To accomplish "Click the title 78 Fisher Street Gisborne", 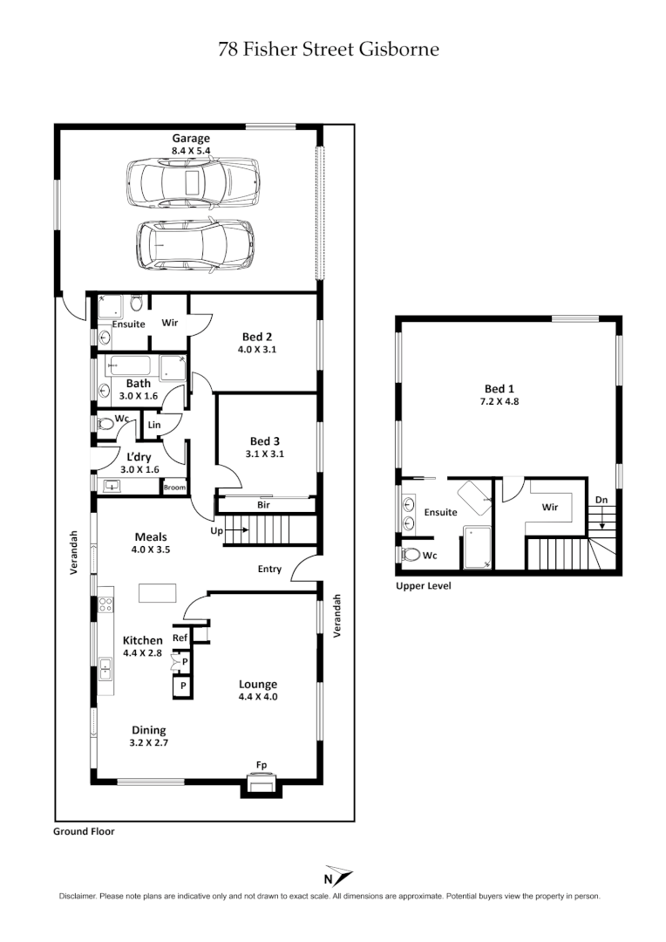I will [x=329, y=49].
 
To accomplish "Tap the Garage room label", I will [x=190, y=138].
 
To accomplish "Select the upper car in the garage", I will [x=193, y=183].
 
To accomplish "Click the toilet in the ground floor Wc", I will [x=105, y=424].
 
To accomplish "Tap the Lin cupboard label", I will [x=155, y=425].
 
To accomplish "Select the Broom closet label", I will [x=174, y=488].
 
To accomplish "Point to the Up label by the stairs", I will [x=218, y=530].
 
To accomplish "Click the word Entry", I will [x=269, y=569].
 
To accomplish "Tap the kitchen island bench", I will [x=157, y=593].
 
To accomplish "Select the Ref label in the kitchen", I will [x=180, y=638].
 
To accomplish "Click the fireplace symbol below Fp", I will [x=261, y=786].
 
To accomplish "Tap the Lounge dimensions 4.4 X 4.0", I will [x=257, y=697].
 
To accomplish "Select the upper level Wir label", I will [x=550, y=506].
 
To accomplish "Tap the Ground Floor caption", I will [x=84, y=832].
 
